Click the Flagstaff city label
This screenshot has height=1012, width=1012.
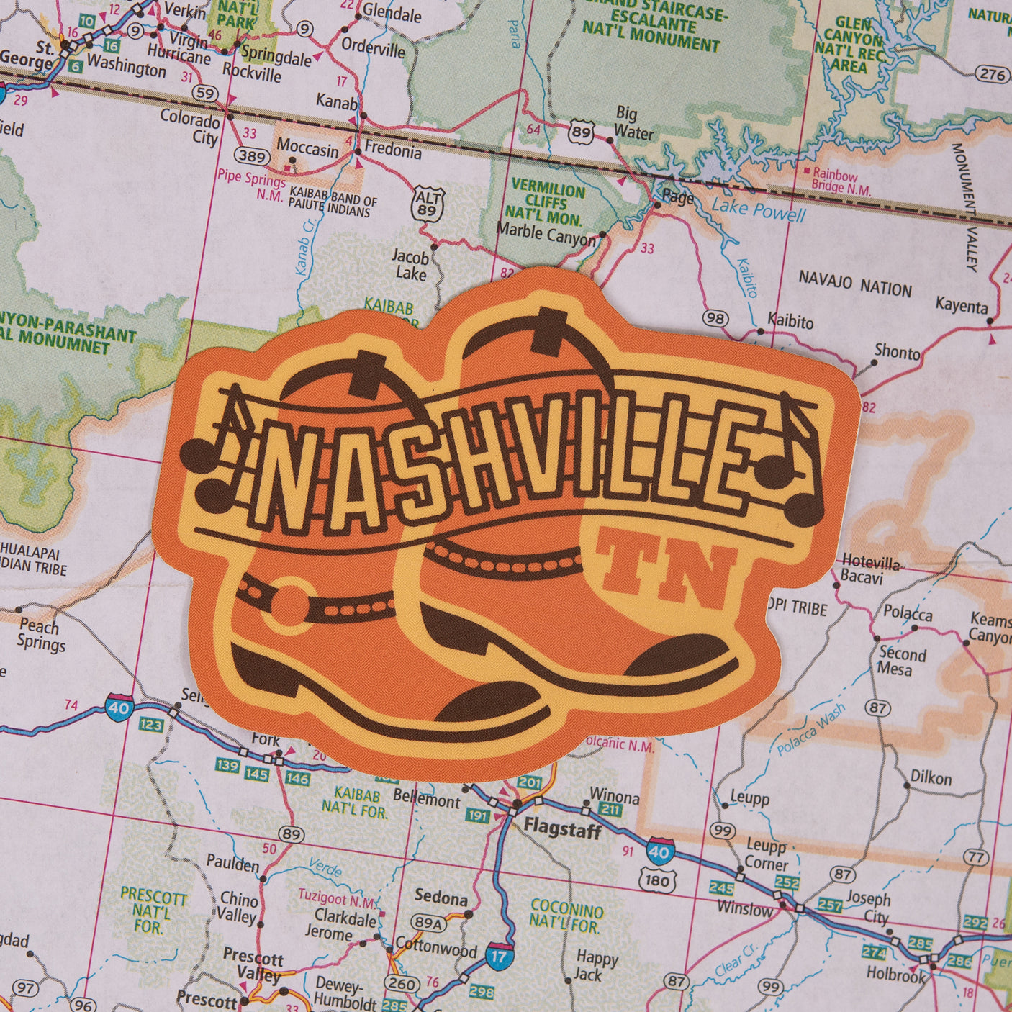coord(562,829)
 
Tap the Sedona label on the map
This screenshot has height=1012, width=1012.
coord(441,898)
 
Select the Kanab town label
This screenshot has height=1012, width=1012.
coord(336,101)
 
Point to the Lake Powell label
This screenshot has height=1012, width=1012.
coord(759,210)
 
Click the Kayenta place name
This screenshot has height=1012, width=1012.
coord(962,306)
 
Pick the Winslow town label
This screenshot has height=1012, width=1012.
coord(745,908)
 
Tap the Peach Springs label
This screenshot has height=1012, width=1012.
coord(40,634)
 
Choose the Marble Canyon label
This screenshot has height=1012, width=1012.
coord(546,234)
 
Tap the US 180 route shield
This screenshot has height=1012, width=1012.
coord(657,880)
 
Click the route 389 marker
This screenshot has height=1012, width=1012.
coord(253,155)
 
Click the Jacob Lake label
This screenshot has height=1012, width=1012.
coord(410,265)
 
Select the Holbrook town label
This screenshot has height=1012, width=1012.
coord(896,975)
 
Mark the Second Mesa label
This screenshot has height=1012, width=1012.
coord(902,661)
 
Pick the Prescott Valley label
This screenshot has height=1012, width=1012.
coord(253,966)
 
